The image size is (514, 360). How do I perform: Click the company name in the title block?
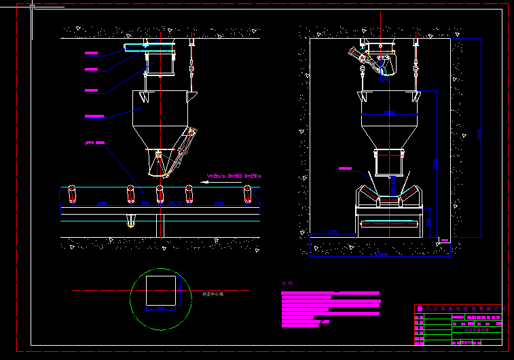point(462,308)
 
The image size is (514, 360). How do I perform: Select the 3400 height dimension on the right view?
point(480,136)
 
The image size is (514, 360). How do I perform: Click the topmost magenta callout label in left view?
point(92,52)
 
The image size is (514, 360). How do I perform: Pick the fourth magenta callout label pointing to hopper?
point(94,117)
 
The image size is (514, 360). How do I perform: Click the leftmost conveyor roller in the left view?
point(71,194)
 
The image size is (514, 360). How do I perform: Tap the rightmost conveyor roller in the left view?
point(248,194)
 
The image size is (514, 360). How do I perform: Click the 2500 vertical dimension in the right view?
point(435,163)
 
